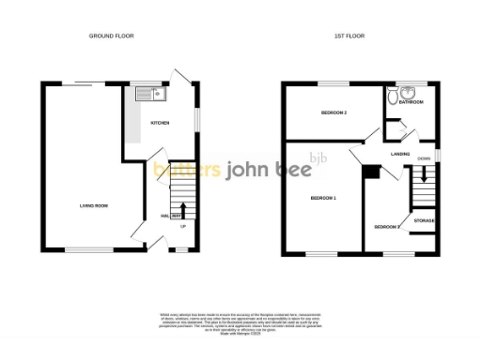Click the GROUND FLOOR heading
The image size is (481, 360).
(x=112, y=36)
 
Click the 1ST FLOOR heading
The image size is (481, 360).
(x=349, y=36)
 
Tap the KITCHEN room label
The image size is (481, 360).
(x=160, y=123)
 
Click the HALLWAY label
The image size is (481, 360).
(x=169, y=217)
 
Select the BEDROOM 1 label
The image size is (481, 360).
(x=322, y=197)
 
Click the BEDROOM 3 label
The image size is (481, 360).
(x=386, y=227)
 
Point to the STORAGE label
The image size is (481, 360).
(x=423, y=220)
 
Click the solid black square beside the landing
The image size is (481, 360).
(x=371, y=171)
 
